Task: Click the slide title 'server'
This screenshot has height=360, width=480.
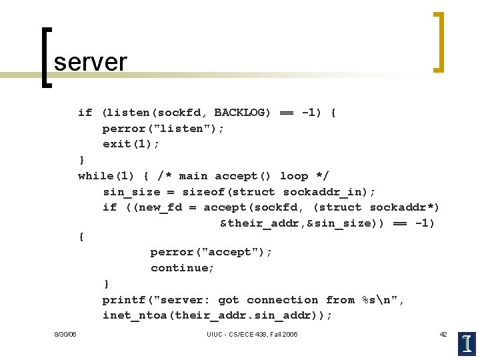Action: pyautogui.click(x=90, y=62)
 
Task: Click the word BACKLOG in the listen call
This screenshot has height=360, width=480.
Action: pyautogui.click(x=243, y=113)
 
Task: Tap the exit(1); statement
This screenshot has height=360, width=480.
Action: pyautogui.click(x=131, y=144)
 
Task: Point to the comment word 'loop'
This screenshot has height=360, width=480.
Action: pyautogui.click(x=294, y=176)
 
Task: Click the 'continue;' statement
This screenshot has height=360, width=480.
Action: pyautogui.click(x=183, y=268)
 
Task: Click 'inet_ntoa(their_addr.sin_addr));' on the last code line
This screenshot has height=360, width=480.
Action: pyautogui.click(x=217, y=316)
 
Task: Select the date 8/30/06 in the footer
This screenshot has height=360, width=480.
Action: pyautogui.click(x=65, y=334)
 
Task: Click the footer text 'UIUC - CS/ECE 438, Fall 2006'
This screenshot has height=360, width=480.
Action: pyautogui.click(x=252, y=334)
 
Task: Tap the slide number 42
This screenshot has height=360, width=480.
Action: pyautogui.click(x=443, y=334)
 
